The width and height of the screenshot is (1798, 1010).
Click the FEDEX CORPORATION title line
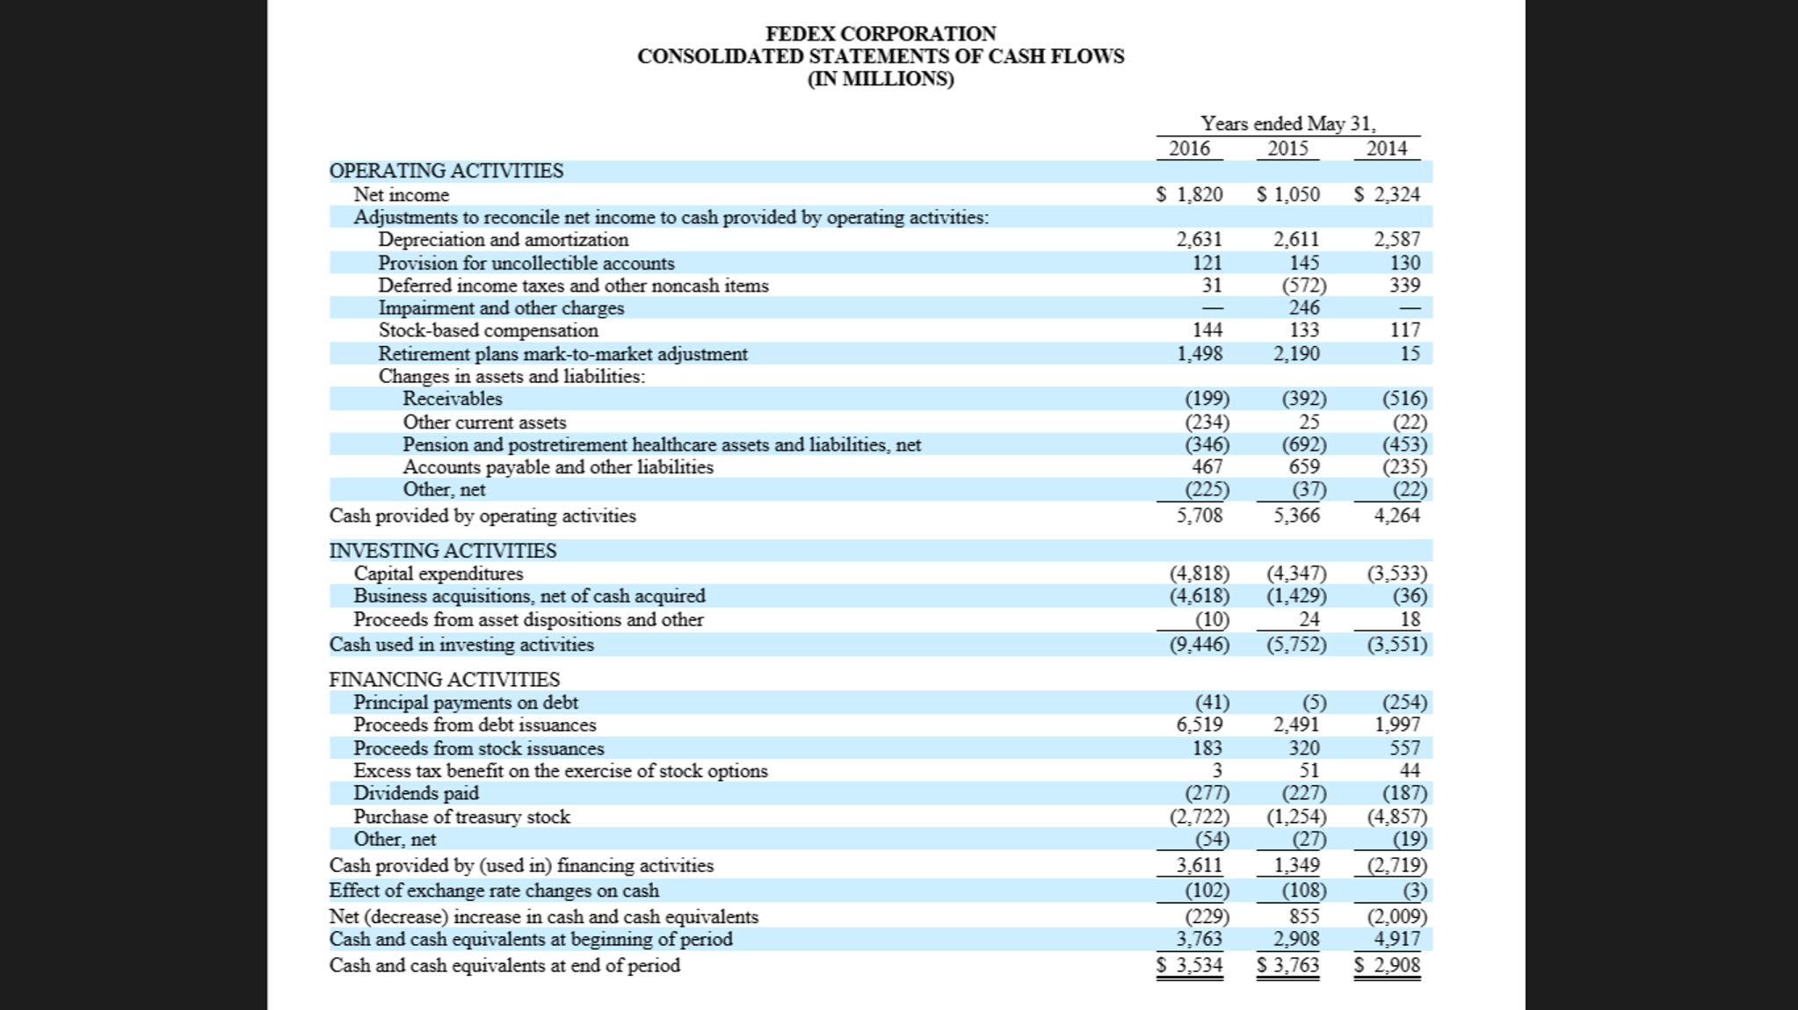point(881,33)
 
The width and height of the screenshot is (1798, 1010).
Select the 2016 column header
point(1189,148)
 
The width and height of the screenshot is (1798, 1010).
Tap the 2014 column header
point(1387,148)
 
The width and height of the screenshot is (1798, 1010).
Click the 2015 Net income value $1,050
point(1288,194)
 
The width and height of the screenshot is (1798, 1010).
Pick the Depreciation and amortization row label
point(504,240)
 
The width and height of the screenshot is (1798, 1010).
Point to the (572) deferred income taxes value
point(1304,285)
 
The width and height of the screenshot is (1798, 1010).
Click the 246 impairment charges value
point(1304,307)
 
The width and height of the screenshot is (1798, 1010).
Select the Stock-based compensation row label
point(489,330)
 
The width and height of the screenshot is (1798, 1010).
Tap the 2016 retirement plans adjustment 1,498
point(1200,353)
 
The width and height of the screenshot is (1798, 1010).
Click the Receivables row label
point(453,399)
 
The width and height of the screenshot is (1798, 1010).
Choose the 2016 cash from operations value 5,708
point(1200,516)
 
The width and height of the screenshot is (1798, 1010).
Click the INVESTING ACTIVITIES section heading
point(443,551)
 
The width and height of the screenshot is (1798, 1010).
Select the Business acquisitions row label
point(530,596)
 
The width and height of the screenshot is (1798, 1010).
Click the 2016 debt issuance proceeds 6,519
point(1200,725)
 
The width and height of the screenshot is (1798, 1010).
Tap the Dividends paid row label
point(417,793)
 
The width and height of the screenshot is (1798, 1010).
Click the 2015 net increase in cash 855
point(1304,916)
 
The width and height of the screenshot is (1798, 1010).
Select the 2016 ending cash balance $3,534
point(1189,965)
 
